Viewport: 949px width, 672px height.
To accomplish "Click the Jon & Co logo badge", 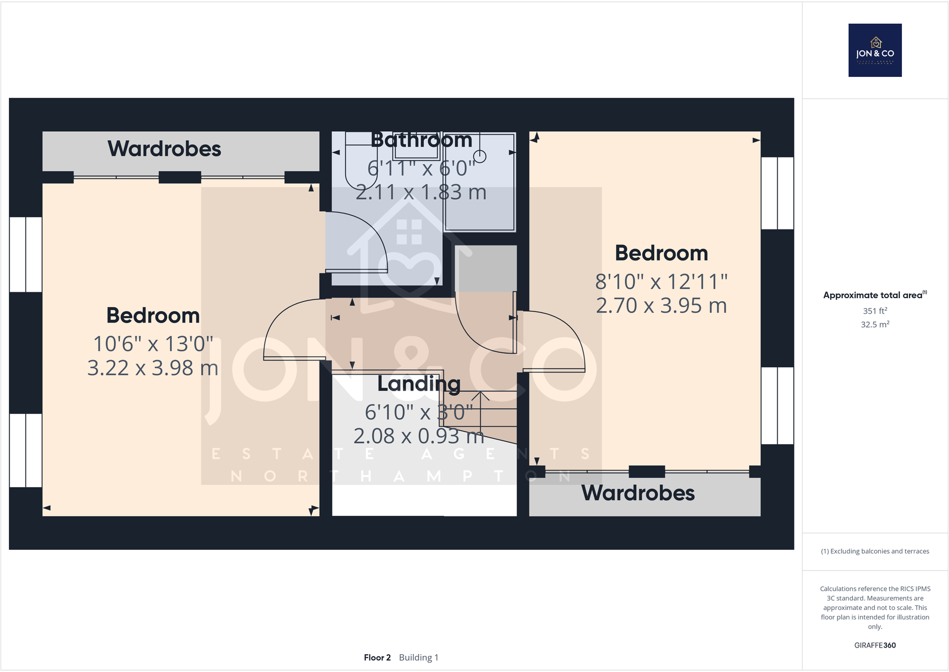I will coord(875,50).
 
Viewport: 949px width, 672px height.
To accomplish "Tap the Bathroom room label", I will coord(421,140).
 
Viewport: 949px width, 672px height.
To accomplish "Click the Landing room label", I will coord(419,384).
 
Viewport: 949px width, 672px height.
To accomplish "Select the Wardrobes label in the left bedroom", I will coord(164,148).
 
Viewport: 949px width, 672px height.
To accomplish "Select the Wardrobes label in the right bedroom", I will coord(638,493).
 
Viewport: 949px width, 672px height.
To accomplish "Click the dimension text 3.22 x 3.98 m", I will coord(153,368).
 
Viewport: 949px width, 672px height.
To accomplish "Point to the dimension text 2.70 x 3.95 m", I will coord(661,306).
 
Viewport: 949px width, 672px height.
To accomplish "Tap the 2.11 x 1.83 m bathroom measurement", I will coord(421,193).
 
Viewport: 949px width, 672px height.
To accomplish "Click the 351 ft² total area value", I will coord(875,311).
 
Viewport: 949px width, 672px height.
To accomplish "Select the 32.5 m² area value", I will coord(875,324).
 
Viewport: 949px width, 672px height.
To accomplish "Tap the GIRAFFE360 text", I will coord(875,645).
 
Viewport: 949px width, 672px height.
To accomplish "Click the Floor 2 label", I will coord(377,658).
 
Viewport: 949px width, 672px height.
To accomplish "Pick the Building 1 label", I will coord(418,658).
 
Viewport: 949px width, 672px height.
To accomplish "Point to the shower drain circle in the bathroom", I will coord(480,156).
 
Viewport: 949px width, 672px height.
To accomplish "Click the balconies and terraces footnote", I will coord(875,552).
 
